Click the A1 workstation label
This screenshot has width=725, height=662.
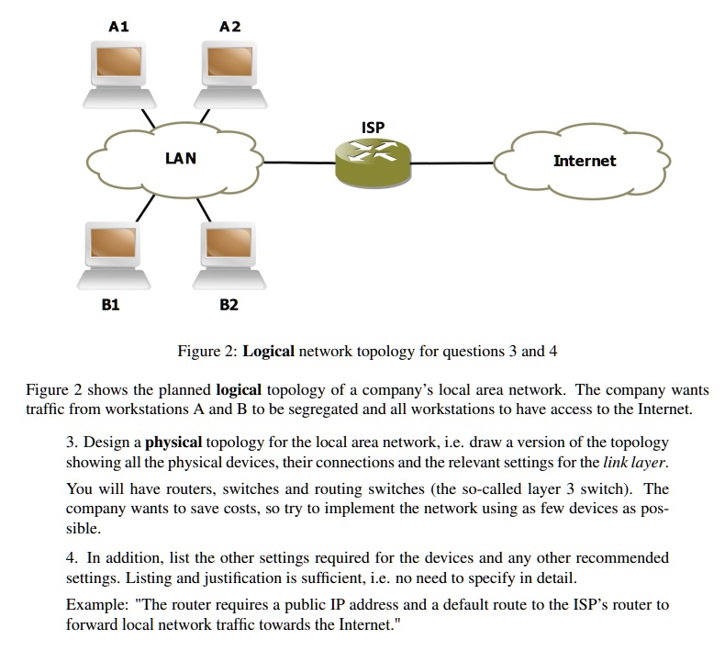point(118,27)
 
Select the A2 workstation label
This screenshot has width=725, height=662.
point(230,27)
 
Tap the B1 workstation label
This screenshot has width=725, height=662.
point(110,304)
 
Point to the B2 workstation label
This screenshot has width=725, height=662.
point(229,304)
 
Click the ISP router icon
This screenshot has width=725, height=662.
point(372,162)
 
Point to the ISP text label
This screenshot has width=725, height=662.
point(373,128)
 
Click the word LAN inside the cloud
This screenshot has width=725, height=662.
point(180,158)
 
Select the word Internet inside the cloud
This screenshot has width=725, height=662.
point(585,161)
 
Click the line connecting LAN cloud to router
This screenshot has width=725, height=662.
point(298,163)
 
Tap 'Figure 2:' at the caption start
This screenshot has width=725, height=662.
point(207,352)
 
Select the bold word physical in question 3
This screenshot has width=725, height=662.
point(174,442)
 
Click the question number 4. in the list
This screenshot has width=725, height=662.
point(72,557)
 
